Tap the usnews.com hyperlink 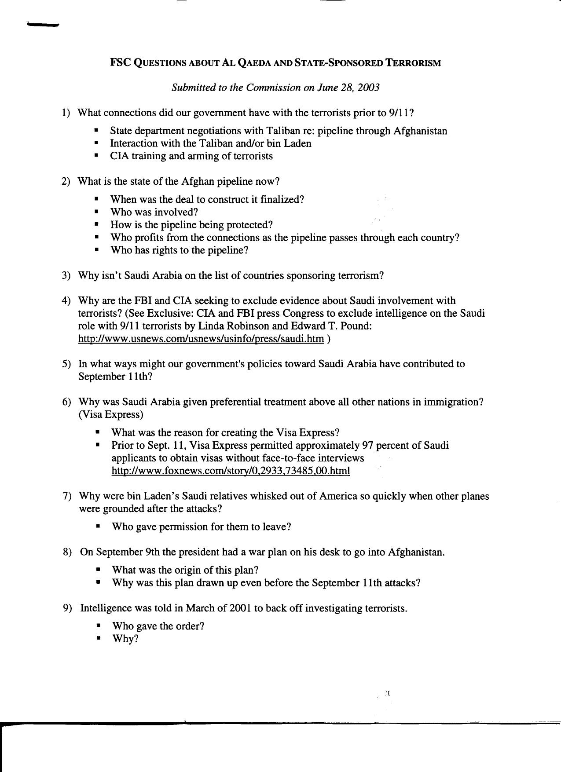point(201,339)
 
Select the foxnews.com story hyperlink point(231,471)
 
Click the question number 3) point(66,276)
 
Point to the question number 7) point(67,496)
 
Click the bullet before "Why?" point(98,639)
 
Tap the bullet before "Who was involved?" point(97,212)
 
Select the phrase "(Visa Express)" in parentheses point(111,415)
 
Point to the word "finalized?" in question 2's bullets point(282,200)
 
